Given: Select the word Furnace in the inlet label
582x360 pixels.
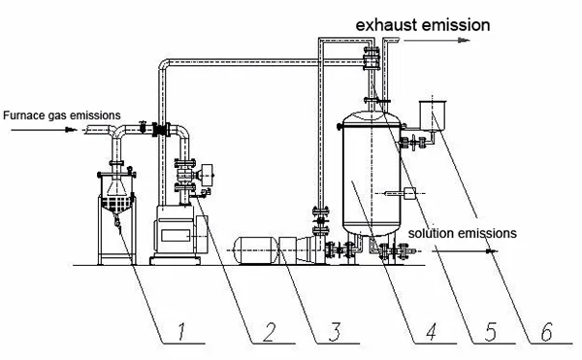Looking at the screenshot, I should point(23,115).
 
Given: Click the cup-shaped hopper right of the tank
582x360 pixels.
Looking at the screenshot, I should point(428,115).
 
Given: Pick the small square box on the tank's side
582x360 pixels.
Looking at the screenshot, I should point(408,194).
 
